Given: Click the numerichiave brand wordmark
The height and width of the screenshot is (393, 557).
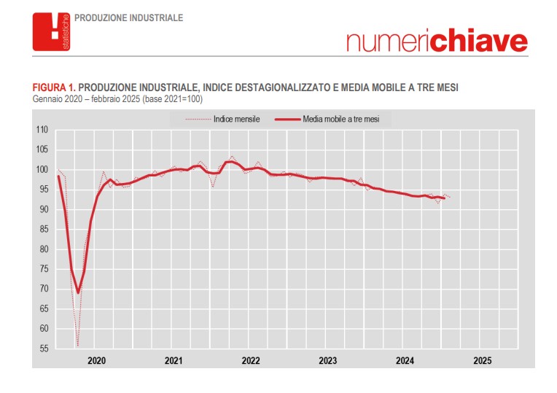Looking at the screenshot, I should [x=437, y=42].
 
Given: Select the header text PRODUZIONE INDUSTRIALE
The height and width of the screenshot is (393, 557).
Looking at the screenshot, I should [x=129, y=17].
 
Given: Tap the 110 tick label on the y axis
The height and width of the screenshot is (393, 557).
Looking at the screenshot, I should [x=42, y=130].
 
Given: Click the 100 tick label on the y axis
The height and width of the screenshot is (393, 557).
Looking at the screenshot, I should [x=42, y=170].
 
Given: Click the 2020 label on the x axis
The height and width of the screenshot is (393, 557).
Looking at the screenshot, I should [x=96, y=361].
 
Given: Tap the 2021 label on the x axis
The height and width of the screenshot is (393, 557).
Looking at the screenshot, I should [x=174, y=361].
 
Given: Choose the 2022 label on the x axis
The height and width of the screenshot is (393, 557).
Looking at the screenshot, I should [x=251, y=361].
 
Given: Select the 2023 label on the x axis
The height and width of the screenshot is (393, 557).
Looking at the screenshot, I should [x=328, y=361].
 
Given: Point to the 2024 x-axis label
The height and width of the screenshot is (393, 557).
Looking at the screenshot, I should [x=405, y=361].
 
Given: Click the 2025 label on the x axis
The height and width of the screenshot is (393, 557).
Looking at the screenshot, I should [x=482, y=361].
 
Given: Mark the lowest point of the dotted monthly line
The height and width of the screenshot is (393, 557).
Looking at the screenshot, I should [x=77, y=346].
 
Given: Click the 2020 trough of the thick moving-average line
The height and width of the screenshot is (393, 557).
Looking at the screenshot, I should [x=78, y=292].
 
